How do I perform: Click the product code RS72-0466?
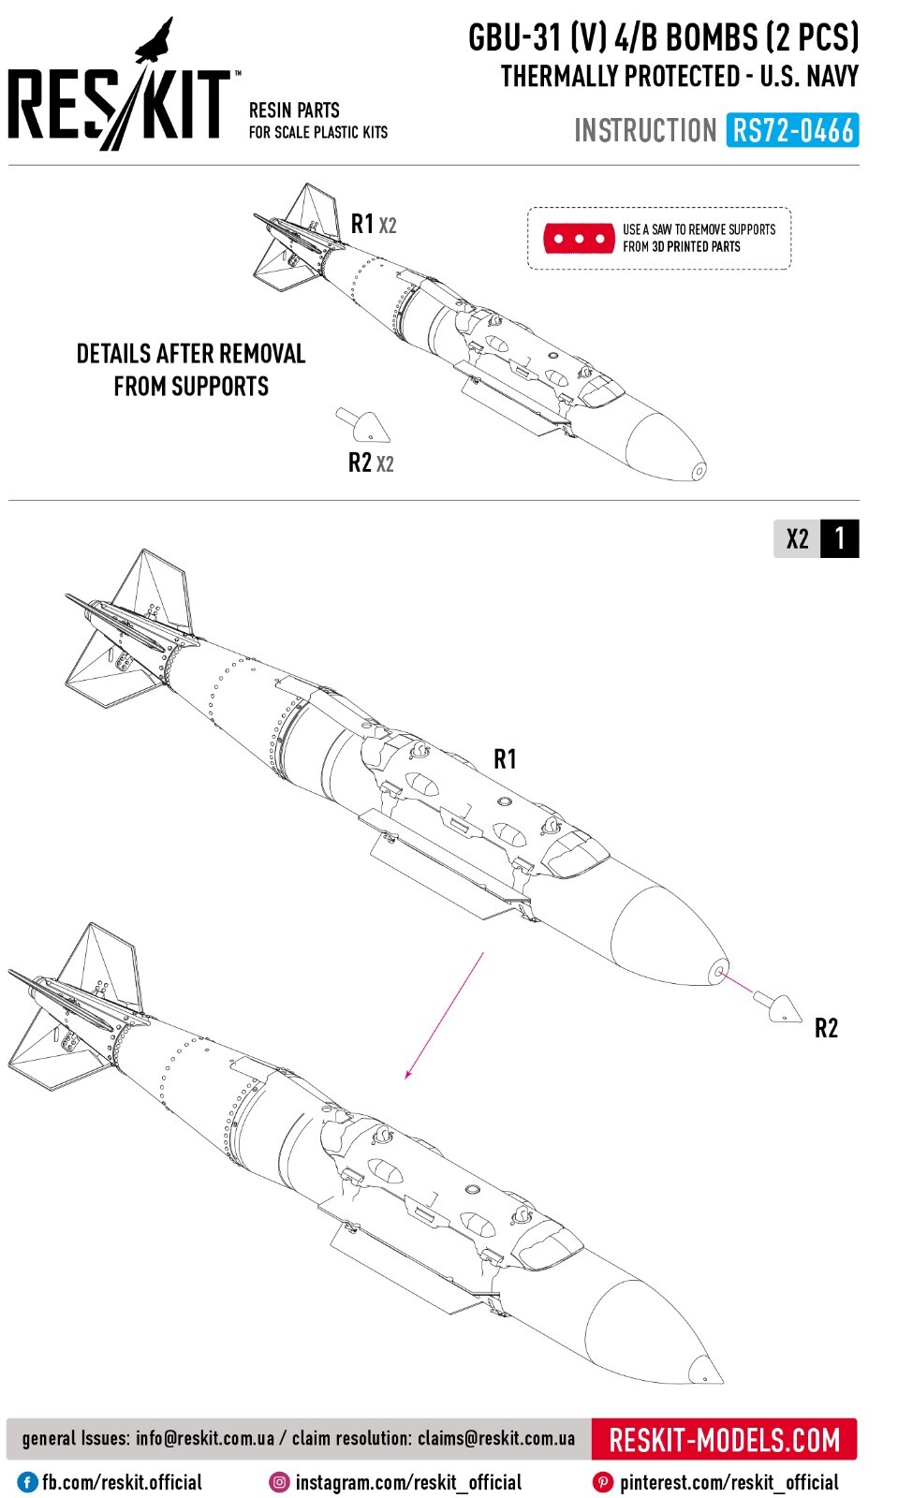[x=792, y=130]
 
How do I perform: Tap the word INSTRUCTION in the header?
[x=645, y=130]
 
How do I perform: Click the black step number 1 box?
[x=839, y=538]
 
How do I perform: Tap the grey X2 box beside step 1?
[x=797, y=539]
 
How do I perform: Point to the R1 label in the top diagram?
[x=362, y=224]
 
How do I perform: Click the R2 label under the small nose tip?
[x=360, y=463]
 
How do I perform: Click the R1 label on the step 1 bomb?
[x=505, y=759]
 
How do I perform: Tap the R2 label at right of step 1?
[x=826, y=1028]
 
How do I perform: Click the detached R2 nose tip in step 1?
[x=779, y=1007]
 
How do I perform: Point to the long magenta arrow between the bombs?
[x=444, y=1017]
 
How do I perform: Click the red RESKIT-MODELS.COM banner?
[x=724, y=1439]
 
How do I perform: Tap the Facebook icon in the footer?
[x=28, y=1482]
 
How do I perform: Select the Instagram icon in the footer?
[x=279, y=1482]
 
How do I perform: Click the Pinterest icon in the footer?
[x=603, y=1482]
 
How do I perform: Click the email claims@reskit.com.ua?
[x=496, y=1438]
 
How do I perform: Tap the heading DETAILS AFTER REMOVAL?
[x=191, y=354]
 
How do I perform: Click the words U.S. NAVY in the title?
[x=809, y=76]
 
